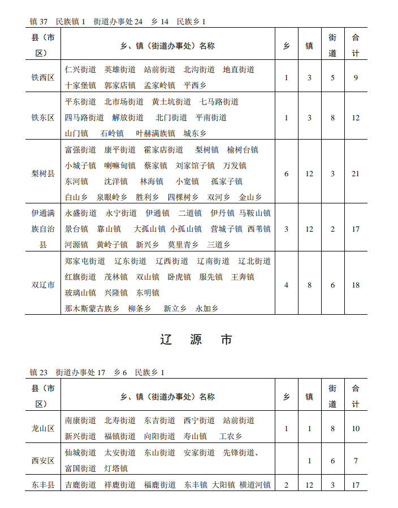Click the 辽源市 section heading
pyautogui.click(x=196, y=340)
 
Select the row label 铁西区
pyautogui.click(x=43, y=77)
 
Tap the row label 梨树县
pyautogui.click(x=43, y=173)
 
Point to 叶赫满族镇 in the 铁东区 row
pyautogui.click(x=155, y=133)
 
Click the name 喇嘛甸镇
pyautogui.click(x=120, y=166)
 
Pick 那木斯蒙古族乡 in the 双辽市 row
pyautogui.click(x=92, y=309)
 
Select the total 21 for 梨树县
pyautogui.click(x=355, y=173)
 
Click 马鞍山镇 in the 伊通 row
pyautogui.click(x=254, y=213)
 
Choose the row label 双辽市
pyautogui.click(x=43, y=285)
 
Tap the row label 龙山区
pyautogui.click(x=43, y=428)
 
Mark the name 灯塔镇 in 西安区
pyautogui.click(x=116, y=468)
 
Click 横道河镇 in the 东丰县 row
pyautogui.click(x=255, y=485)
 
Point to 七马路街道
pyautogui.click(x=219, y=102)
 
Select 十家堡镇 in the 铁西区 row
pyautogui.click(x=80, y=85)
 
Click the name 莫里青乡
pyautogui.click(x=183, y=245)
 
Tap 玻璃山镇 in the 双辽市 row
pyautogui.click(x=80, y=293)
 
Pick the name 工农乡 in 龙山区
pyautogui.click(x=231, y=436)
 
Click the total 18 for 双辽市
pyautogui.click(x=355, y=285)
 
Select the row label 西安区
pyautogui.click(x=43, y=461)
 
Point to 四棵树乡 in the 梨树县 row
pyautogui.click(x=183, y=197)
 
